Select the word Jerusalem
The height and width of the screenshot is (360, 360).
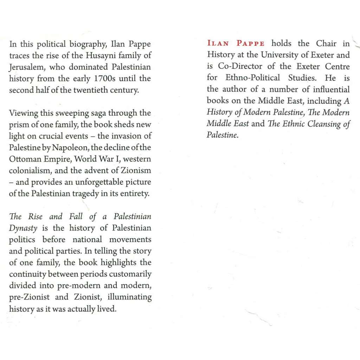(x=26, y=67)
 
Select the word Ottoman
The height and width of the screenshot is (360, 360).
(x=23, y=159)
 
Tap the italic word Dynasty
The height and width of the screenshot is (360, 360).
(x=23, y=228)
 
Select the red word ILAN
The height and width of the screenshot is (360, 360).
(x=218, y=44)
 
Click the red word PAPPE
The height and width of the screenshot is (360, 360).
(x=251, y=44)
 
